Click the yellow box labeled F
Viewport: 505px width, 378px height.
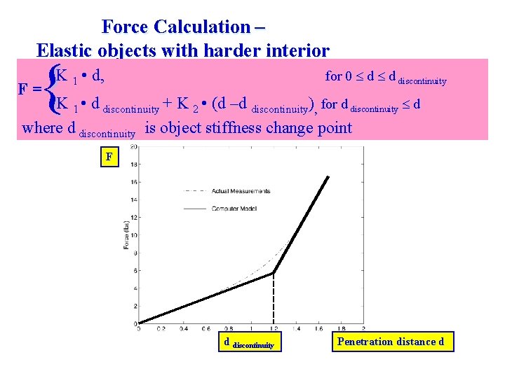[109, 157]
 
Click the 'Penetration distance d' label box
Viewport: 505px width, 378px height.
[392, 342]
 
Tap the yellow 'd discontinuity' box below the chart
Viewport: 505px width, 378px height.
[248, 342]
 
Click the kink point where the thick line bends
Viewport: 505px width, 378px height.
[274, 273]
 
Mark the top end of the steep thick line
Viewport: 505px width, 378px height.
[328, 177]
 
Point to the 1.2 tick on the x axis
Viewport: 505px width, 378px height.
[274, 328]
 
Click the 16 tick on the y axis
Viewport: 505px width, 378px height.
[133, 182]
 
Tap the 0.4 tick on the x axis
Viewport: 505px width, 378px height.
[183, 328]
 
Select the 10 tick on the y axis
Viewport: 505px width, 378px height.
[133, 235]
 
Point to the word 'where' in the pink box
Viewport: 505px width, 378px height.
[41, 128]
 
